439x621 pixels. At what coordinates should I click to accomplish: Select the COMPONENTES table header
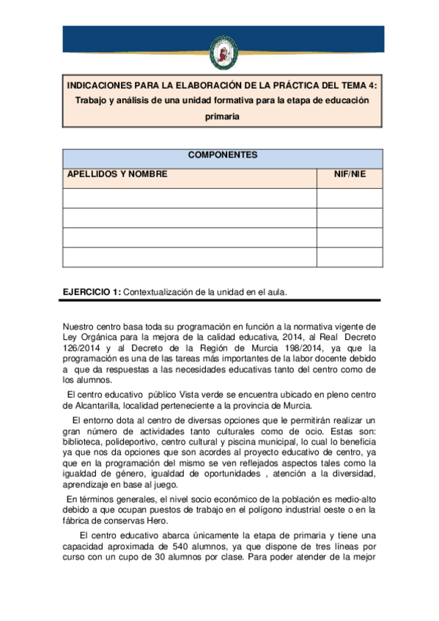[222, 155]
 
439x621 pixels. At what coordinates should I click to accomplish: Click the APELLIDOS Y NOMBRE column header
[117, 175]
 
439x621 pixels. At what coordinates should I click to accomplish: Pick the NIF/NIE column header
[349, 175]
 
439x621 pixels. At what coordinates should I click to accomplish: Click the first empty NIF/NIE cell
[349, 198]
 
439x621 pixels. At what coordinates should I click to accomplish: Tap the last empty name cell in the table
[190, 257]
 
